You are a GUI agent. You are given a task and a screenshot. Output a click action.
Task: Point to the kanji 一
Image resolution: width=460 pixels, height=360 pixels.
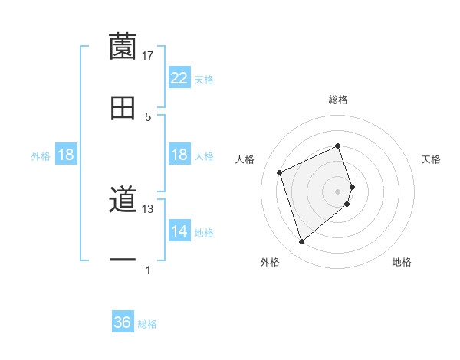tap(123, 261)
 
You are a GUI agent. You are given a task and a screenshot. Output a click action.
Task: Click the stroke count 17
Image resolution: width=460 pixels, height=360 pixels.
tap(148, 55)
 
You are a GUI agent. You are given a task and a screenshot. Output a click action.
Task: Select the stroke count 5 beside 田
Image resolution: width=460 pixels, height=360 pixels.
tap(148, 116)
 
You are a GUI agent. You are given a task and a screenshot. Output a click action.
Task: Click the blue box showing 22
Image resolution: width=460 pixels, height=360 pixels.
tap(179, 78)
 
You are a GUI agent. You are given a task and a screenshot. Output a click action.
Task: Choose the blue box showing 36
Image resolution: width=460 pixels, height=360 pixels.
tap(123, 323)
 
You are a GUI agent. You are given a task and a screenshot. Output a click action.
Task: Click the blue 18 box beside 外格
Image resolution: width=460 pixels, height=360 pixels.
tap(66, 155)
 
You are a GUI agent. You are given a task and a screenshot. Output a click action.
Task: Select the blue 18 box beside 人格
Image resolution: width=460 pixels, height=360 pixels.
tap(179, 155)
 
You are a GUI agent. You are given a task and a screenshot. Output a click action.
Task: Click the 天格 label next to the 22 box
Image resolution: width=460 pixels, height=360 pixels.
tap(204, 79)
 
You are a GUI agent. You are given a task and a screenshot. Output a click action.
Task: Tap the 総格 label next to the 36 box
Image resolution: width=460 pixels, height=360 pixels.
tap(147, 324)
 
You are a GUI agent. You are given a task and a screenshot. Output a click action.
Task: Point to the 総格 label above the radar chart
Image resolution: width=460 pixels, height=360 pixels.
tap(338, 100)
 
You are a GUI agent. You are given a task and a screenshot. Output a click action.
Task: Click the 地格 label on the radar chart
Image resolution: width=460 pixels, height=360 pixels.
tap(402, 262)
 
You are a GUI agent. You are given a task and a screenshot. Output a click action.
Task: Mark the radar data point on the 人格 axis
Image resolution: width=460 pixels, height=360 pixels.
tap(281, 172)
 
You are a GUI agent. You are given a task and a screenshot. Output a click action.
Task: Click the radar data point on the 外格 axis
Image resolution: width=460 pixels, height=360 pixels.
tap(301, 242)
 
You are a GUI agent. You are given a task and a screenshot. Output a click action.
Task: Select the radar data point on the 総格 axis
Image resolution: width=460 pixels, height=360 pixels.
tap(338, 146)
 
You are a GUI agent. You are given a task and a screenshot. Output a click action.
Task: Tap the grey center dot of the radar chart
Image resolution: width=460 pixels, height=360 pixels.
tap(338, 191)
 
